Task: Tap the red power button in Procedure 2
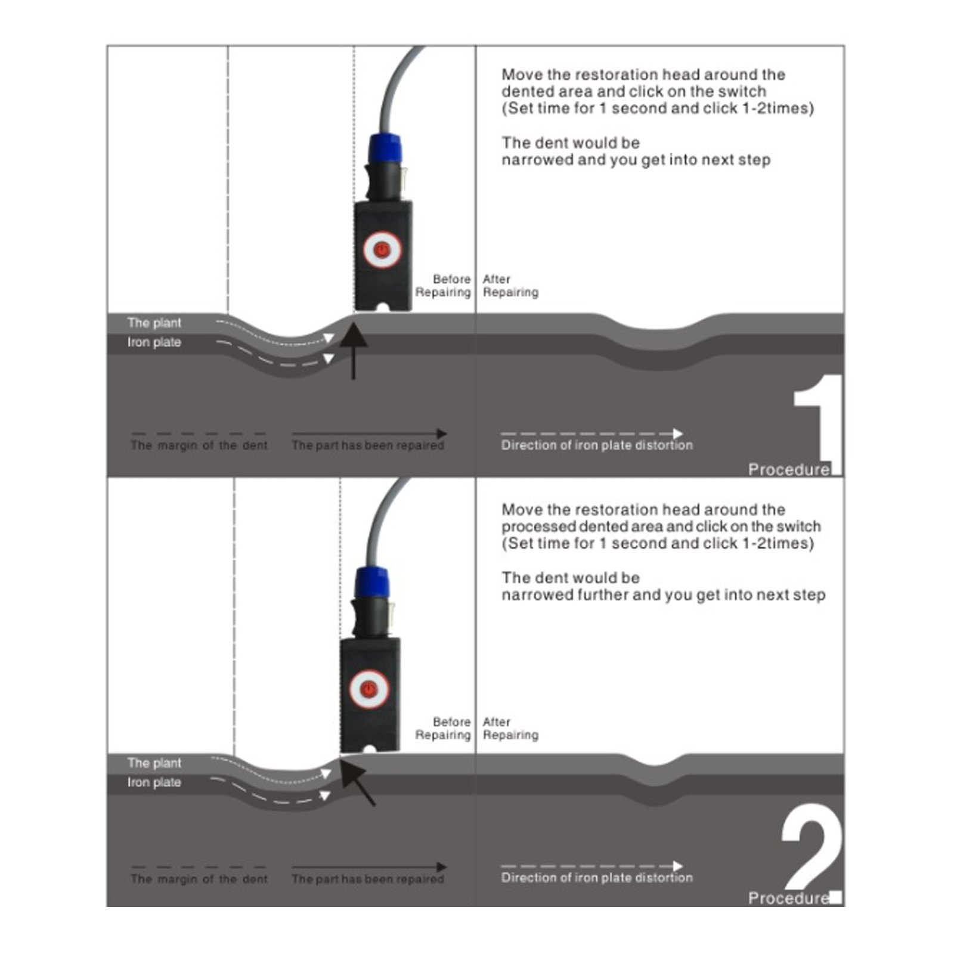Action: click(x=369, y=688)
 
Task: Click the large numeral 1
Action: click(x=819, y=424)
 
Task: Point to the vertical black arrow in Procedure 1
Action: click(x=354, y=351)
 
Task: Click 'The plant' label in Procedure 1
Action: click(x=154, y=323)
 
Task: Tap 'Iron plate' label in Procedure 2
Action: click(x=154, y=782)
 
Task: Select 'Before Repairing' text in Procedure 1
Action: click(x=443, y=286)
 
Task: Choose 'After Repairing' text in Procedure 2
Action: click(x=510, y=728)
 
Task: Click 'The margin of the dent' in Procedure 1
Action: click(x=199, y=445)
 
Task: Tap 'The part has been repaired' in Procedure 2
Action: click(x=368, y=879)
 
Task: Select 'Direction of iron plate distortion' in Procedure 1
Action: click(x=597, y=445)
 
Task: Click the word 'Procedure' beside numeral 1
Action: click(x=789, y=470)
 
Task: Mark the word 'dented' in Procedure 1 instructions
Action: click(x=529, y=92)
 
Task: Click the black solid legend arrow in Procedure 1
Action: click(x=369, y=433)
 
